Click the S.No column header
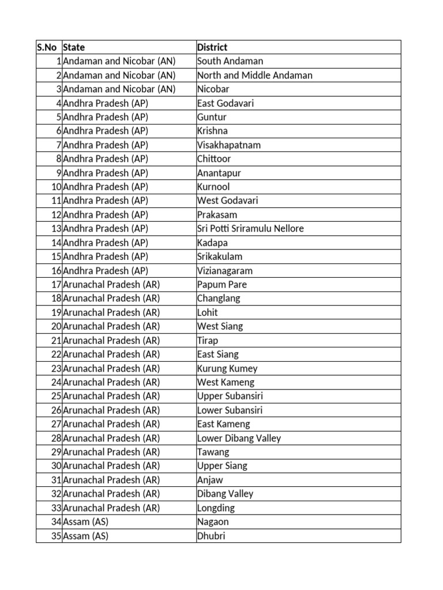(x=48, y=47)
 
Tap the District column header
(x=212, y=47)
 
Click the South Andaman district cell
(x=230, y=61)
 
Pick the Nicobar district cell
(x=213, y=89)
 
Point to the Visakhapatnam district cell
(x=229, y=145)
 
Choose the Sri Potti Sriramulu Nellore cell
(x=250, y=229)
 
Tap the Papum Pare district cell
(x=222, y=285)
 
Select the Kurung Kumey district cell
(x=227, y=368)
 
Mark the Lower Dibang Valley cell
(x=239, y=438)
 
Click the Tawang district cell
(x=213, y=452)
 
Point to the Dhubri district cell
(x=211, y=536)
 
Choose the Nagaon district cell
(x=213, y=522)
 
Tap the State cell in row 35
(x=86, y=536)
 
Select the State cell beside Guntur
(x=106, y=117)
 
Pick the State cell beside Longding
(x=111, y=508)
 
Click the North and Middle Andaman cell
(x=255, y=75)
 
